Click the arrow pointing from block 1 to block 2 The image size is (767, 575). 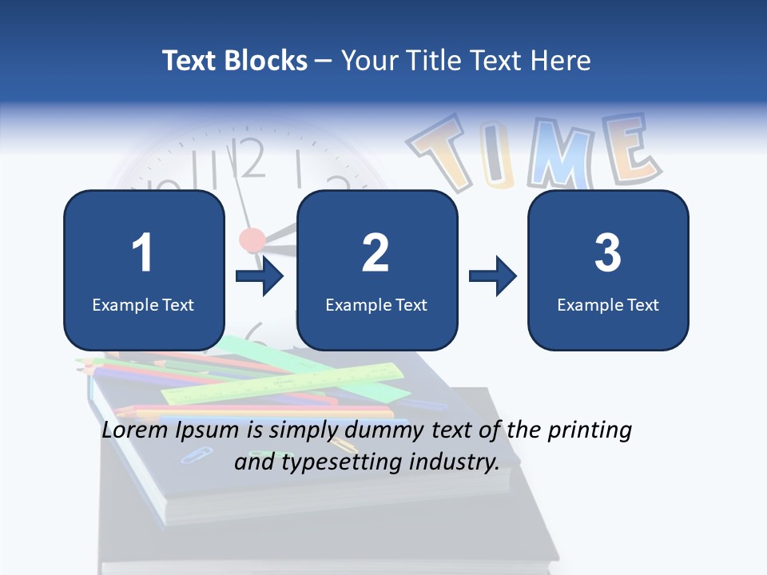click(260, 276)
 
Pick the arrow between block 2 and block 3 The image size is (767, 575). click(493, 276)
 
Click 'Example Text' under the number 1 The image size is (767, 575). click(143, 304)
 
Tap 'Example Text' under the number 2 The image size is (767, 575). click(376, 304)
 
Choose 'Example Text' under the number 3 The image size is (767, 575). click(608, 304)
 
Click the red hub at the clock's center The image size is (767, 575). click(252, 238)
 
